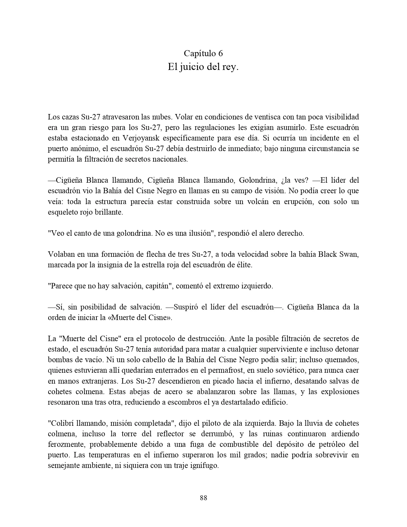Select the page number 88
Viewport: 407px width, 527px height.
coord(203,498)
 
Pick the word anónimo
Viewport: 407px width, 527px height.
coord(82,149)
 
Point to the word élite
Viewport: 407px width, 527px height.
coord(244,265)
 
